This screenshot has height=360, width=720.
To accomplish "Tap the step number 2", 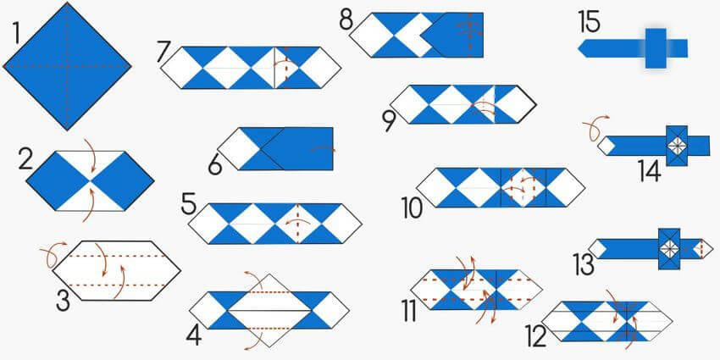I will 25,158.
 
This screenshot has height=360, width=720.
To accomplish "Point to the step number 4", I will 194,335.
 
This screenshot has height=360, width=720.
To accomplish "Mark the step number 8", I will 346,19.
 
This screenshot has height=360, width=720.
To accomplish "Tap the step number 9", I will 389,121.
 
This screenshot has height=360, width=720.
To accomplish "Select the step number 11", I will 409,311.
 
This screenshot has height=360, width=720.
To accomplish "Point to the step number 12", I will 535,337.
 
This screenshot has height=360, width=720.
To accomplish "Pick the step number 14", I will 650,170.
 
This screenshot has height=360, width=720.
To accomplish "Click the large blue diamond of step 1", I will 68,64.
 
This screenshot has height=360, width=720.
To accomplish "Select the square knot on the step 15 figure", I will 656,47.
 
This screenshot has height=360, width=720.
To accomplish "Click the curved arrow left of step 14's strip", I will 591,130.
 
